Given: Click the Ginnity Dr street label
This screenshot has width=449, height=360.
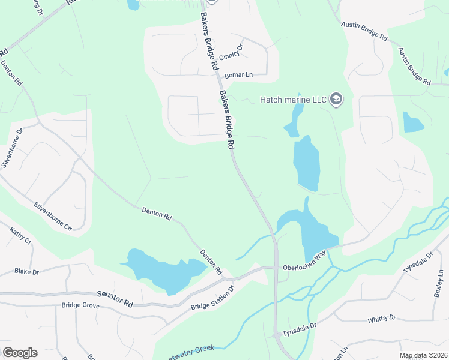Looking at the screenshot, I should coord(232,52).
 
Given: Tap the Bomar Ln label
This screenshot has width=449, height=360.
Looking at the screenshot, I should coord(238,75).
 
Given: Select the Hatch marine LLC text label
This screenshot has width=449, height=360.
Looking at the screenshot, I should coord(292,100).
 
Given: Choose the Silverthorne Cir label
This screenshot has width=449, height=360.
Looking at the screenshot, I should coord(53,217).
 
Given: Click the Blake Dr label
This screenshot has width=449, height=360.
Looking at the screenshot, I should coord(26,272).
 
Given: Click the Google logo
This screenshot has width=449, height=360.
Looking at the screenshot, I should coord(20,353).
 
